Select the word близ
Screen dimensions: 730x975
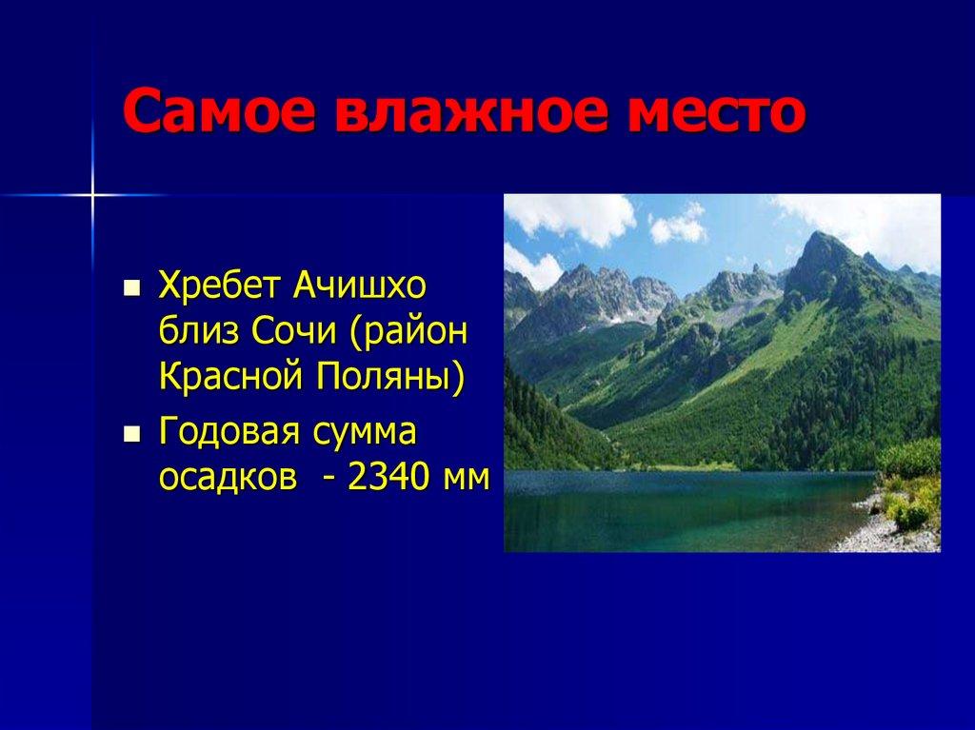point(199,332)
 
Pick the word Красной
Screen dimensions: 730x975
point(225,379)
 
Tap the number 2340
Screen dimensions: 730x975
point(389,479)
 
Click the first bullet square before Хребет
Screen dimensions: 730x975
point(132,286)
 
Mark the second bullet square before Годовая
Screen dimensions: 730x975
point(132,435)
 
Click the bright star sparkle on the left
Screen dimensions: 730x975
point(92,194)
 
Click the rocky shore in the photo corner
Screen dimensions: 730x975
point(885,533)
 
